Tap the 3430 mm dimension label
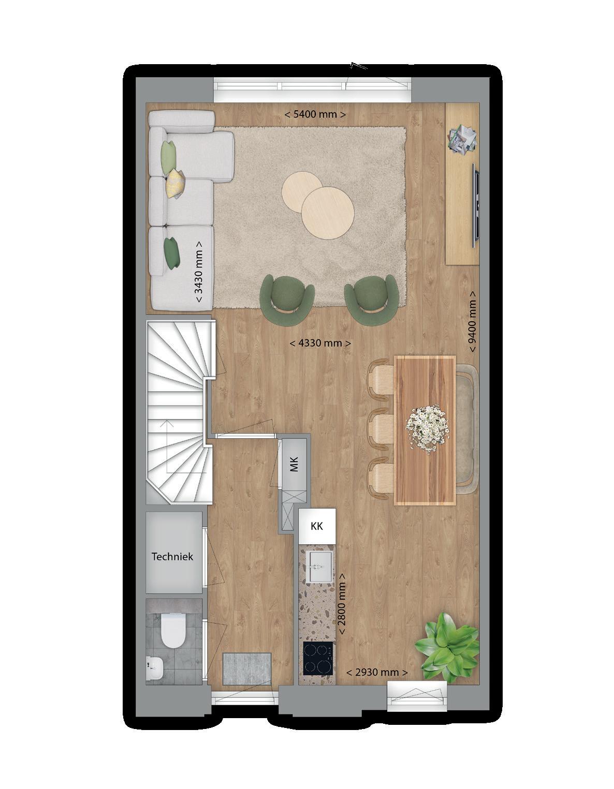click(x=199, y=271)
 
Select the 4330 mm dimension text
click(x=320, y=343)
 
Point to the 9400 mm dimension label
click(x=473, y=321)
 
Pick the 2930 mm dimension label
click(x=377, y=672)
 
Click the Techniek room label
click(x=172, y=557)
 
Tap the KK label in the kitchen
click(x=317, y=526)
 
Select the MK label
click(x=294, y=465)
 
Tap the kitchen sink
click(x=318, y=567)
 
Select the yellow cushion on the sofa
click(x=176, y=183)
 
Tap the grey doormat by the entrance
click(x=247, y=668)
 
